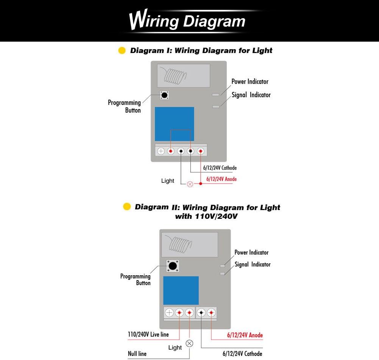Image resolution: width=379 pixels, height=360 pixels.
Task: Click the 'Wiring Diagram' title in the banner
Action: click(187, 20)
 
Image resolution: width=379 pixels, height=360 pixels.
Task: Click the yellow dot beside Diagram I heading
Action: click(122, 51)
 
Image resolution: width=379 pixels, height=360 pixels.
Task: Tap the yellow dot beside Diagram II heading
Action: click(127, 207)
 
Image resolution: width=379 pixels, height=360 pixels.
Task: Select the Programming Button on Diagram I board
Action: click(164, 95)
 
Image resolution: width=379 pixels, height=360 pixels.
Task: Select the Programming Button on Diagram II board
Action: click(172, 266)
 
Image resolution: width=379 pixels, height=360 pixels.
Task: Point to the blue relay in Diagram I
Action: click(174, 124)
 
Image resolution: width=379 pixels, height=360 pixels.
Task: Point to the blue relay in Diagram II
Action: click(181, 290)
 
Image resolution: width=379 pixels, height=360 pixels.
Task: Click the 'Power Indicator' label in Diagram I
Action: click(250, 82)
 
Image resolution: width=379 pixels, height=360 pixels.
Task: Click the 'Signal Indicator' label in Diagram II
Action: click(253, 264)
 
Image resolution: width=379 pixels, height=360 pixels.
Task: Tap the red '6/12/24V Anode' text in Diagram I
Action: click(221, 179)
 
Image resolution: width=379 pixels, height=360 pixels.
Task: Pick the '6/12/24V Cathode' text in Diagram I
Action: click(220, 168)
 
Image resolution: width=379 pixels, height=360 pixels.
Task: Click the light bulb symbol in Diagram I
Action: click(190, 184)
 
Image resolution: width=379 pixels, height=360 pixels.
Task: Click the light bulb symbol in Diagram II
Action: click(189, 344)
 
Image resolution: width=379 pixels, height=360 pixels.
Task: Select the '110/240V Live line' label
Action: click(148, 335)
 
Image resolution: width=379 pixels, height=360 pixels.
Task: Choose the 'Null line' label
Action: click(137, 354)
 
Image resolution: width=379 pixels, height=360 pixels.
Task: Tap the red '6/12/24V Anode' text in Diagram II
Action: click(245, 335)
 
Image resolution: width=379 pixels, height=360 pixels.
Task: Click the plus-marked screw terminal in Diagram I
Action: click(161, 151)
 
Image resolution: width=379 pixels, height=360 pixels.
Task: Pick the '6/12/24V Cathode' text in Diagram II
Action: click(242, 354)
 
